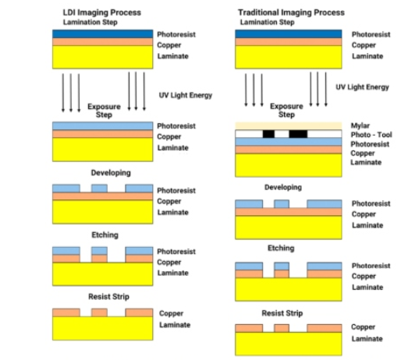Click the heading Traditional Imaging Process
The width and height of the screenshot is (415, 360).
(x=289, y=13)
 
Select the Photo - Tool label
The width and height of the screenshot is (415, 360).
(x=367, y=133)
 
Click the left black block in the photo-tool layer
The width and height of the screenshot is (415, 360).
(x=268, y=135)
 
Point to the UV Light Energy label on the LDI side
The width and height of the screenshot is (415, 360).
(x=185, y=95)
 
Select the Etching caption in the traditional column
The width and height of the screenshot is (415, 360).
(x=282, y=248)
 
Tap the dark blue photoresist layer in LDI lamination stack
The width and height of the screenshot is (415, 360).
(x=101, y=35)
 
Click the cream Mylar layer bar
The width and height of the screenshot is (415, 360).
(x=288, y=125)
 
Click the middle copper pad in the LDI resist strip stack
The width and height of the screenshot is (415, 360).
(x=99, y=312)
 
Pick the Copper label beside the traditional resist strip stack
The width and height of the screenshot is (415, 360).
(x=363, y=327)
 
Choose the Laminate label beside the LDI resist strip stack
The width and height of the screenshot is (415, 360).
(x=174, y=324)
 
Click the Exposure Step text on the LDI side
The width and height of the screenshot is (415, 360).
(x=101, y=110)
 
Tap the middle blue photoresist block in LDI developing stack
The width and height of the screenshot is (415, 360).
(x=99, y=188)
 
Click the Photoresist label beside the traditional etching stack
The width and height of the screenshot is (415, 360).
(x=371, y=265)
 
